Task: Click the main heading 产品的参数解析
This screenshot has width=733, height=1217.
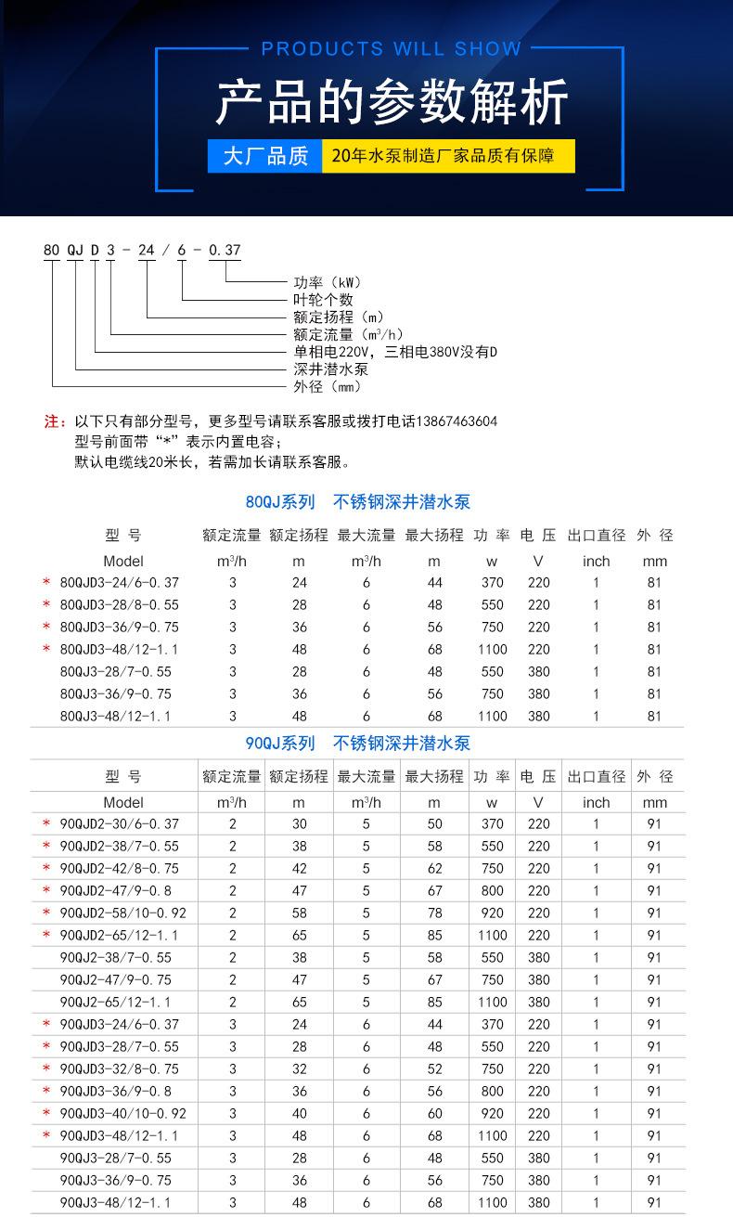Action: [392, 102]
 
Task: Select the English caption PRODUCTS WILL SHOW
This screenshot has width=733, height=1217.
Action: [392, 49]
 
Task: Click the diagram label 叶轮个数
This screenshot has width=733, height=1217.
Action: [323, 300]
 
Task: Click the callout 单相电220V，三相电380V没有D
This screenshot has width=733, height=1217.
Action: [395, 352]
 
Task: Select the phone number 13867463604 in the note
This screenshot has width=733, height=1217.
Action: [454, 421]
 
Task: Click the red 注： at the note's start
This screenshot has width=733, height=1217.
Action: [56, 421]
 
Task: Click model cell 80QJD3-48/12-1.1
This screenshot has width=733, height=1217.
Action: [119, 650]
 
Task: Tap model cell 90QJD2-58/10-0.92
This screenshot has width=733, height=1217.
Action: [122, 913]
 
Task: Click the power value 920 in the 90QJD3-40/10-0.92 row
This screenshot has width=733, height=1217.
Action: [492, 1114]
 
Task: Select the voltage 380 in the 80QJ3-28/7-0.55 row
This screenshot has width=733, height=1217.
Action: [538, 672]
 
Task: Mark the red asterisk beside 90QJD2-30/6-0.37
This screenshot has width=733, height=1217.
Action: [45, 824]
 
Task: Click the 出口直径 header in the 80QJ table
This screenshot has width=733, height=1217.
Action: [597, 536]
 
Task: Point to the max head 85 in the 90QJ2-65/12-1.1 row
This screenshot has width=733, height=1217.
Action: [434, 1003]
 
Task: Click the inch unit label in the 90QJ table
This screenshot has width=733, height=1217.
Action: [597, 803]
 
